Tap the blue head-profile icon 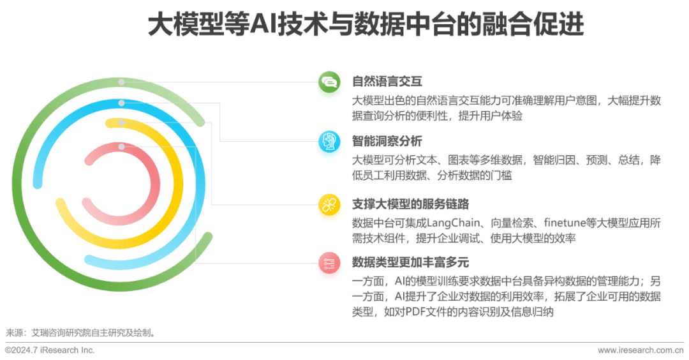pyautogui.click(x=329, y=144)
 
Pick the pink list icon pyautogui.click(x=329, y=267)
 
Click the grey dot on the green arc pyautogui.click(x=122, y=82)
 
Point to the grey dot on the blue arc pyautogui.click(x=122, y=102)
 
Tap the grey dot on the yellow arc pyautogui.click(x=122, y=122)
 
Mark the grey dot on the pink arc pyautogui.click(x=122, y=147)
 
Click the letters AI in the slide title pyautogui.click(x=262, y=26)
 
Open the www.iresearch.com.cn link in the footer pyautogui.click(x=641, y=350)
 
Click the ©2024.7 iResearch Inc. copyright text pyautogui.click(x=49, y=350)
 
